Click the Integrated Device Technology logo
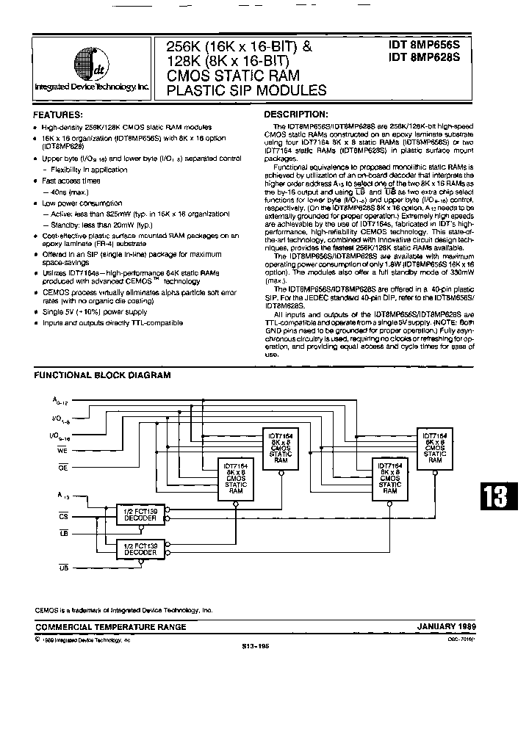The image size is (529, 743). pos(92,66)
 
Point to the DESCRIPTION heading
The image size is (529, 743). pos(295,115)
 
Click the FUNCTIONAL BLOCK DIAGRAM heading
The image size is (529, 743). pos(103,375)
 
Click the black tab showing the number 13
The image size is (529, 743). pos(495,499)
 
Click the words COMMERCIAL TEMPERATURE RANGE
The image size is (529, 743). pos(110,627)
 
